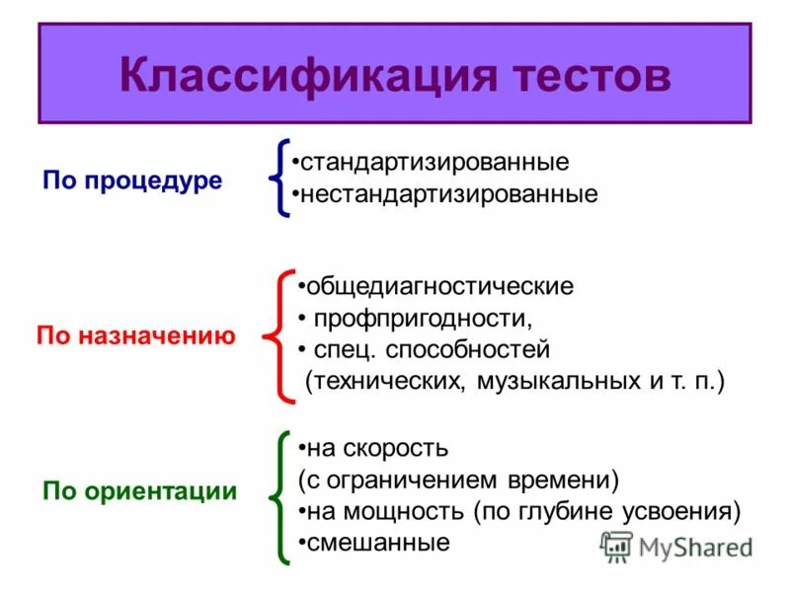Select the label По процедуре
(x=132, y=182)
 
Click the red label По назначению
(x=135, y=336)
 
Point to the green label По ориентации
(x=139, y=490)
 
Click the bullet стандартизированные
(x=434, y=160)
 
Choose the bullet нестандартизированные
(x=449, y=193)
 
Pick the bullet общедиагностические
(x=439, y=287)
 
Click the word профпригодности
(x=424, y=319)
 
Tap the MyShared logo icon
(x=617, y=546)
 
